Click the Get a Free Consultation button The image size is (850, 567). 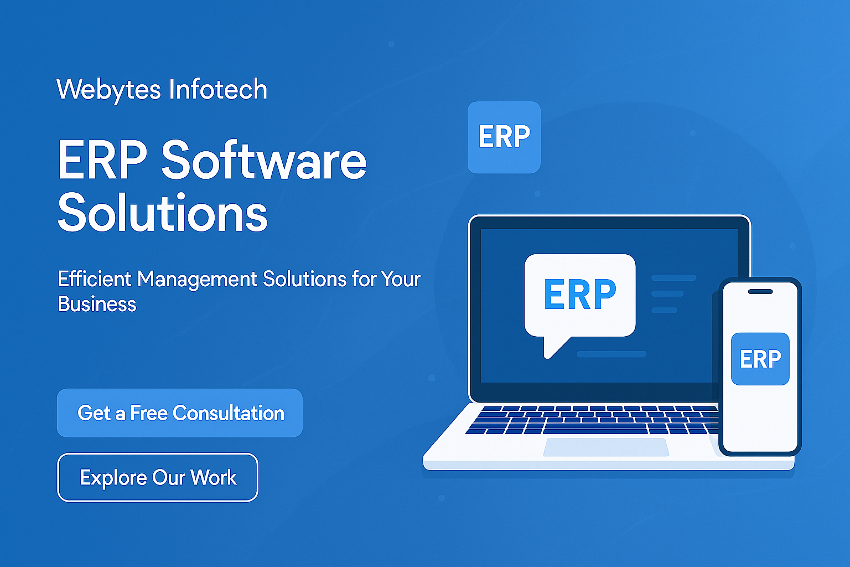point(179,413)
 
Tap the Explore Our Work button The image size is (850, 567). point(158,477)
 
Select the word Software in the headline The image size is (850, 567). point(264,159)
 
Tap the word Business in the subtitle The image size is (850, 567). point(97,304)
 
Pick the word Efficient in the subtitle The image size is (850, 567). point(95,279)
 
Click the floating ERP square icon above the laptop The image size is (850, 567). point(504,137)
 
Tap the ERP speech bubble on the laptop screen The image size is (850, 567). point(580,296)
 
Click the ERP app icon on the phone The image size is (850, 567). point(760,359)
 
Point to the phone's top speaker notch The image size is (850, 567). point(760,292)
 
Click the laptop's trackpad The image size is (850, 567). point(606,447)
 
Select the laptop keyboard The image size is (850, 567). point(593,420)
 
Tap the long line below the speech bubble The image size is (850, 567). point(611,354)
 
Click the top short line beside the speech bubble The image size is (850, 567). point(673,277)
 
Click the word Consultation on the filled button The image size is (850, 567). point(229,413)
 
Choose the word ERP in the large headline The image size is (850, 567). point(102,159)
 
